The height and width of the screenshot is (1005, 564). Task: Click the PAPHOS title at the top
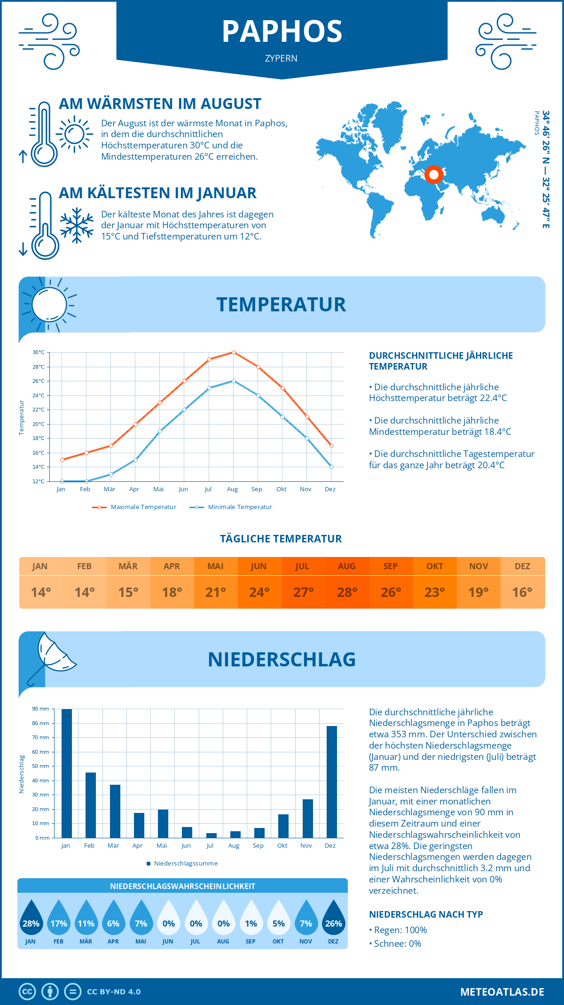pyautogui.click(x=282, y=31)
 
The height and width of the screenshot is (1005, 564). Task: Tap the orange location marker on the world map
pyautogui.click(x=434, y=175)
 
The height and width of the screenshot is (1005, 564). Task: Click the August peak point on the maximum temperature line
pyautogui.click(x=234, y=352)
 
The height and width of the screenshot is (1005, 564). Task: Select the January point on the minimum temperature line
pyautogui.click(x=62, y=481)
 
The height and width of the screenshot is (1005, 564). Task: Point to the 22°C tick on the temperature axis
pyautogui.click(x=39, y=410)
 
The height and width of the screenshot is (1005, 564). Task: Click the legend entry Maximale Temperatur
pyautogui.click(x=134, y=507)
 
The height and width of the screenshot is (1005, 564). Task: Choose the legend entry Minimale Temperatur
pyautogui.click(x=231, y=507)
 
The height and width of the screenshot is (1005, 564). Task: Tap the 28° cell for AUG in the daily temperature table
pyautogui.click(x=347, y=592)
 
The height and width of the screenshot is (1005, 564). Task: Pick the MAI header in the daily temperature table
pyautogui.click(x=216, y=566)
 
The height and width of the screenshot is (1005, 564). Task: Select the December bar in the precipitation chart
pyautogui.click(x=332, y=782)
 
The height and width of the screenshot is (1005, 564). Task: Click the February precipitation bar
pyautogui.click(x=90, y=805)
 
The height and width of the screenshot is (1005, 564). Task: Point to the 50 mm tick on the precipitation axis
pyautogui.click(x=41, y=766)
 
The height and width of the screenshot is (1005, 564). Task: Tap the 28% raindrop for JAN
pyautogui.click(x=31, y=919)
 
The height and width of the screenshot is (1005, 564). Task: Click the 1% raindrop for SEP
pyautogui.click(x=251, y=919)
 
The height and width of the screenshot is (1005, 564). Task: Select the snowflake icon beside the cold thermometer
pyautogui.click(x=77, y=225)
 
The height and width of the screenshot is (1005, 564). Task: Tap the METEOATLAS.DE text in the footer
pyautogui.click(x=502, y=992)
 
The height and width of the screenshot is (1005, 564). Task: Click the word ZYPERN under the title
pyautogui.click(x=281, y=59)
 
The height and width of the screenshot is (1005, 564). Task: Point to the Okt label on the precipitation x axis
pyautogui.click(x=282, y=846)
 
